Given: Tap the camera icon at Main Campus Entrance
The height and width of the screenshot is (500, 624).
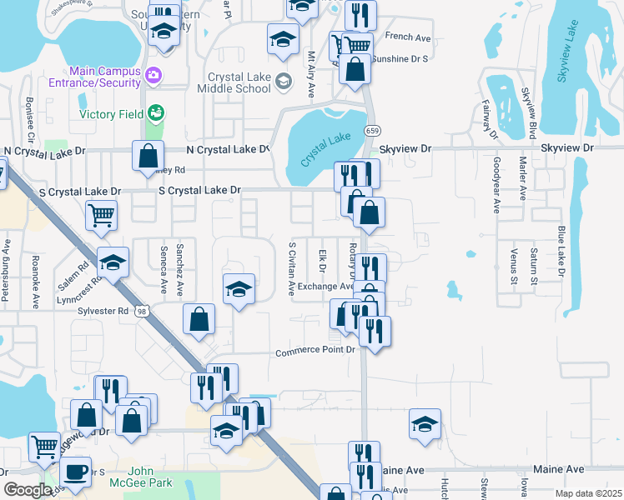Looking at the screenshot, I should pyautogui.click(x=153, y=76).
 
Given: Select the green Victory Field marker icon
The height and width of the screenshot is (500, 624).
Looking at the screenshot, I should pyautogui.click(x=154, y=112).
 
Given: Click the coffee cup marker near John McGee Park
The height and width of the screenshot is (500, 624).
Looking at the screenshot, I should pyautogui.click(x=77, y=472).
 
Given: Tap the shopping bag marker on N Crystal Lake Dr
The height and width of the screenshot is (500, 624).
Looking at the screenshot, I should pyautogui.click(x=148, y=156).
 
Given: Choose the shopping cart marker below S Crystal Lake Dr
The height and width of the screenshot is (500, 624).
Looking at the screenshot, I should pyautogui.click(x=101, y=216).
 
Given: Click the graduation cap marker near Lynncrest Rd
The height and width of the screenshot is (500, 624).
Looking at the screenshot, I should pyautogui.click(x=113, y=262).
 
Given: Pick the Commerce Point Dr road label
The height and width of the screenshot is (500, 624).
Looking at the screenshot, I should pyautogui.click(x=316, y=351).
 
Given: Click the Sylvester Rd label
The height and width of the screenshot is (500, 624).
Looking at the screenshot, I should pyautogui.click(x=104, y=310).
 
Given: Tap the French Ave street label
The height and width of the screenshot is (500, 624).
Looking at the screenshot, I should pyautogui.click(x=408, y=37).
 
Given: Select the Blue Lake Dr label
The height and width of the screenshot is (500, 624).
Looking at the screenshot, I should pyautogui.click(x=561, y=249).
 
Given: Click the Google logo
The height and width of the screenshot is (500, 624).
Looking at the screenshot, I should pyautogui.click(x=28, y=490).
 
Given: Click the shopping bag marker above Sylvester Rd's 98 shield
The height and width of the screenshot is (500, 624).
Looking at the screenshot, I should pyautogui.click(x=199, y=319).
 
